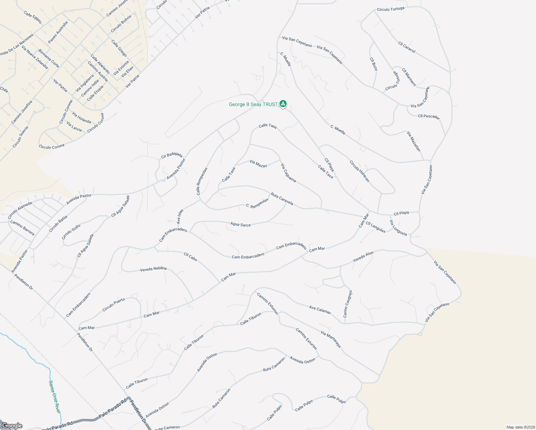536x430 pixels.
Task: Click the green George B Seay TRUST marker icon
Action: click(x=283, y=104)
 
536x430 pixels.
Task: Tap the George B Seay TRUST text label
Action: click(x=253, y=105)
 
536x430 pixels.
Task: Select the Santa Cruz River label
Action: click(x=54, y=396)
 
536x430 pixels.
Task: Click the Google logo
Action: click(x=12, y=426)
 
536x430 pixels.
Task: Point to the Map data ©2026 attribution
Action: click(x=520, y=427)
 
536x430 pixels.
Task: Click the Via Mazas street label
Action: click(x=258, y=164)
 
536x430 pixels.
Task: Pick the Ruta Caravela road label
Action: click(x=282, y=199)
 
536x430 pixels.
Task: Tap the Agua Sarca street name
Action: click(x=240, y=225)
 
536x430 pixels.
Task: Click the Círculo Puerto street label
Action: click(x=114, y=305)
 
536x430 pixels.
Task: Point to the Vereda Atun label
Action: click(x=363, y=256)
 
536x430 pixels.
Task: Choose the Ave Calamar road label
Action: click(x=320, y=310)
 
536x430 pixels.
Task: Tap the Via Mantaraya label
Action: click(x=331, y=339)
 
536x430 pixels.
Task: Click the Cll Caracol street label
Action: click(x=407, y=47)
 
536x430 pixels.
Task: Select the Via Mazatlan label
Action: click(x=414, y=141)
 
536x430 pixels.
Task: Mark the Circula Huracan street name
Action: click(x=359, y=171)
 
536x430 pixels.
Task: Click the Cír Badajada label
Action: click(x=172, y=155)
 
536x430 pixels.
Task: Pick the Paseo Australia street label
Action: click(x=58, y=32)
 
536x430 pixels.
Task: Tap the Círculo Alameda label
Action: click(x=20, y=210)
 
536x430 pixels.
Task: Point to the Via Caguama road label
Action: click(x=288, y=173)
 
